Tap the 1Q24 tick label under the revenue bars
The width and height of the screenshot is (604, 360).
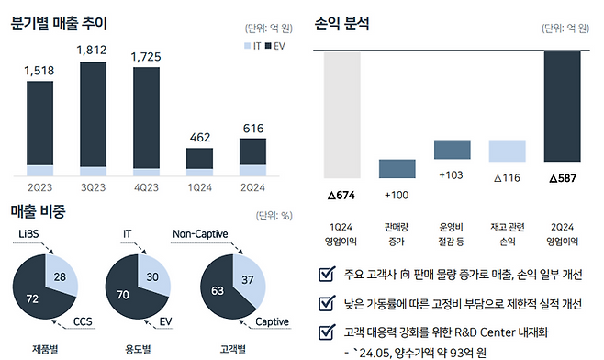199,186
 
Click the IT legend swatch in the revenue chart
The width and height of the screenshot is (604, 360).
247,45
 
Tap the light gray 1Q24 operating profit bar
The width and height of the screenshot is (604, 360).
341,114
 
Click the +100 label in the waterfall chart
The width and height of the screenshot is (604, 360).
397,195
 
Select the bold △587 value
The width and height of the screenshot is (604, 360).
562,176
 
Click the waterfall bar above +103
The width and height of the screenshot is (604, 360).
452,150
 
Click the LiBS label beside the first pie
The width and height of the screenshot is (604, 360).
29,235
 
